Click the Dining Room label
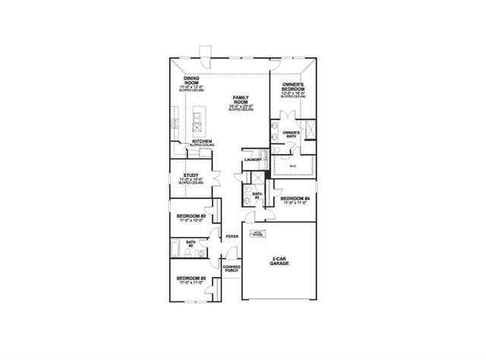tap(191, 82)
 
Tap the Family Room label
tap(241, 101)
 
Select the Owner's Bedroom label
tap(293, 88)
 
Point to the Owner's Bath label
tap(292, 135)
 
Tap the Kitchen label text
tap(201, 141)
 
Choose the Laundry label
tap(253, 159)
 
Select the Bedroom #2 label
tap(191, 217)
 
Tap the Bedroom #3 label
tap(191, 279)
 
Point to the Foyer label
tap(232, 237)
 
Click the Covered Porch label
tap(232, 270)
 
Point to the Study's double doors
tap(216, 179)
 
